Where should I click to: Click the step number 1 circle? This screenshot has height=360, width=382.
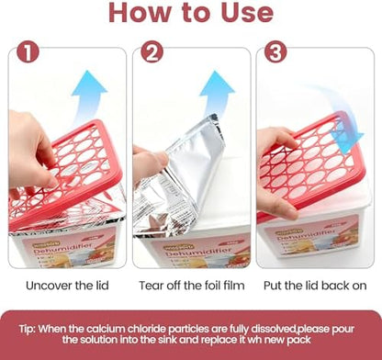click(28, 52)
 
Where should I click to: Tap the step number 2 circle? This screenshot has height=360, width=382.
click(152, 52)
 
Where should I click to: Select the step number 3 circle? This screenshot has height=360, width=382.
click(275, 52)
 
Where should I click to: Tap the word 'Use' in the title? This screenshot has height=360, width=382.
click(247, 13)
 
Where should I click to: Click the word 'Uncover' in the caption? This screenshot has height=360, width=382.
click(49, 286)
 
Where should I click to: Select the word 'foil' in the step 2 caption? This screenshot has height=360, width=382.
click(208, 286)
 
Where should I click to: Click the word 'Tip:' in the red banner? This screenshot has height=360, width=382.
click(28, 329)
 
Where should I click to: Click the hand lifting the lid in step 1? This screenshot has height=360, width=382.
click(29, 153)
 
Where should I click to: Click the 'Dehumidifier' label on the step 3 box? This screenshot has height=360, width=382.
click(305, 235)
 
